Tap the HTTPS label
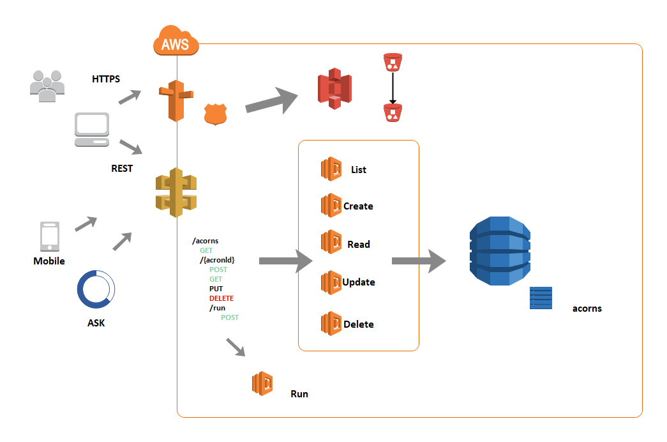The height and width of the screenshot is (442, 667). click(x=106, y=79)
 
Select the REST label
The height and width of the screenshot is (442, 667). click(x=122, y=169)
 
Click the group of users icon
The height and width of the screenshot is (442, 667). click(x=47, y=86)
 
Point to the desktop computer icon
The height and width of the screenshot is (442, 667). click(x=92, y=130)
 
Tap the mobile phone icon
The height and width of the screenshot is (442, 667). click(x=49, y=237)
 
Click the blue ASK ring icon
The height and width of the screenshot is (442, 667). click(x=96, y=289)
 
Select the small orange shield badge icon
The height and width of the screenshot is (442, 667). click(x=215, y=114)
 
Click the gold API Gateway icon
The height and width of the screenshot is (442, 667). click(x=176, y=192)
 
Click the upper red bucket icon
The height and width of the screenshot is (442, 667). click(x=393, y=63)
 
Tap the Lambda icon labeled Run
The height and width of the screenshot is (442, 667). click(x=263, y=384)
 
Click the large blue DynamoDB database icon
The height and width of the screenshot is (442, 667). click(x=500, y=251)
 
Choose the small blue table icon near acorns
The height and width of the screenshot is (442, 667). click(x=541, y=298)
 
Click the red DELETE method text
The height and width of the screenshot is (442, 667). click(x=221, y=298)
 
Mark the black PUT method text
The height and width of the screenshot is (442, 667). click(x=216, y=289)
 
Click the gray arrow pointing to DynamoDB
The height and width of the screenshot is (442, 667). click(x=418, y=261)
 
